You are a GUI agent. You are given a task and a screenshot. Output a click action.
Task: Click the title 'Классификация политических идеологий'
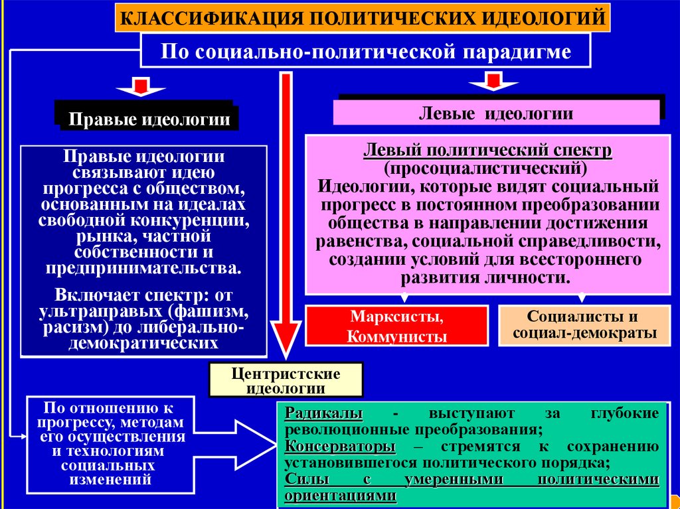pyautogui.click(x=362, y=18)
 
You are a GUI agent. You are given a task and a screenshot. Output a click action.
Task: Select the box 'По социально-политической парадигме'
pyautogui.click(x=365, y=51)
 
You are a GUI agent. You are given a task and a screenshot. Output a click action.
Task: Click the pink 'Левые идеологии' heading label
pyautogui.click(x=496, y=113)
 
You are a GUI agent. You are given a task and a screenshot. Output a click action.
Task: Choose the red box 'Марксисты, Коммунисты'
pyautogui.click(x=397, y=326)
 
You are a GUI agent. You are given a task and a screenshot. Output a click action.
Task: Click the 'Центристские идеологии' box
pyautogui.click(x=286, y=380)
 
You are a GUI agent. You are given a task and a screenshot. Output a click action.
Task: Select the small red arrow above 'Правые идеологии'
pyautogui.click(x=141, y=87)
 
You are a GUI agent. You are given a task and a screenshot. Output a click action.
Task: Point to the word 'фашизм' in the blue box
pyautogui.click(x=212, y=310)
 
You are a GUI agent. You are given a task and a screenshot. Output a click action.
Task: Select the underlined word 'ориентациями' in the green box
pyautogui.click(x=340, y=494)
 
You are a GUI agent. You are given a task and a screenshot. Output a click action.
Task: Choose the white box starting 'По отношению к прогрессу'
pyautogui.click(x=110, y=443)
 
